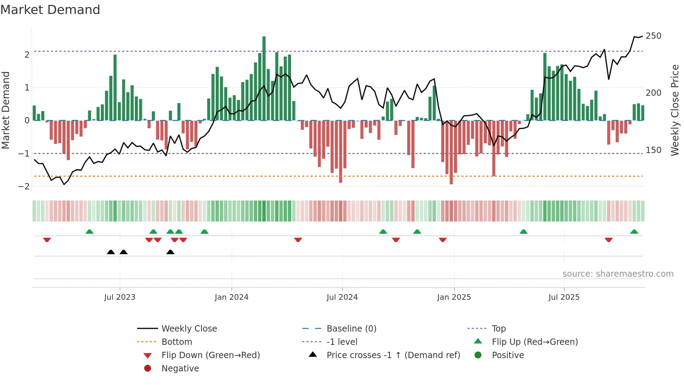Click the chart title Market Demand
click(50, 10)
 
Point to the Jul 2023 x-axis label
click(120, 297)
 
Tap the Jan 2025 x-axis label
click(454, 297)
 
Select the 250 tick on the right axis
click(653, 36)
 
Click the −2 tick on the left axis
click(24, 186)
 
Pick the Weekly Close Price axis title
click(675, 110)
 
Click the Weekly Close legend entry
click(189, 328)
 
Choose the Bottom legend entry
click(177, 342)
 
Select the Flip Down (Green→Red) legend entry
click(210, 355)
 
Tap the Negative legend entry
click(180, 368)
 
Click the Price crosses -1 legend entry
click(393, 355)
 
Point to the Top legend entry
click(498, 328)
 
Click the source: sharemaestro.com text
click(618, 274)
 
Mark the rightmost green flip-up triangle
click(634, 232)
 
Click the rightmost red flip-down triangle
click(609, 240)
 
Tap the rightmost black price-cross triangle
click(170, 252)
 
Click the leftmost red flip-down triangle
click(47, 240)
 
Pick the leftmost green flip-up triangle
click(90, 232)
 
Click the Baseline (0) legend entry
click(351, 328)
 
